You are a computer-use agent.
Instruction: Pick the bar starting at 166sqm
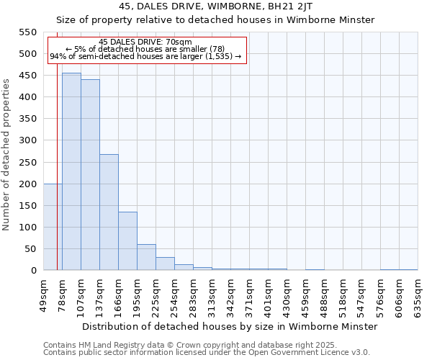click(127, 241)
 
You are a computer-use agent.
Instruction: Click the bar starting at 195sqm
click(146, 257)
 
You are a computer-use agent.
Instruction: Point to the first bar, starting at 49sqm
click(53, 227)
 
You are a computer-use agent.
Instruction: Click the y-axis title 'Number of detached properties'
click(7, 156)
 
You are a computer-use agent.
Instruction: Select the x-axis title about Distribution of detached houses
click(230, 326)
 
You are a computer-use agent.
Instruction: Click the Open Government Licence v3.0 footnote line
click(207, 352)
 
